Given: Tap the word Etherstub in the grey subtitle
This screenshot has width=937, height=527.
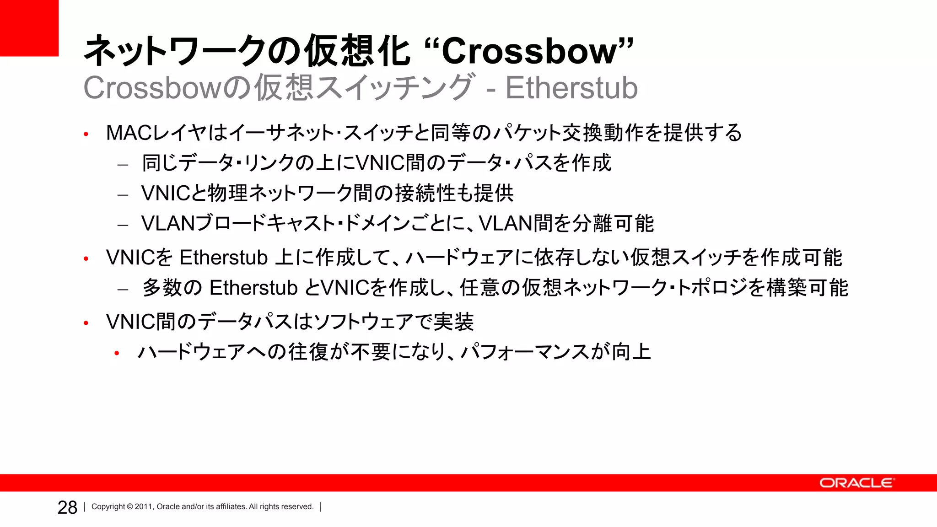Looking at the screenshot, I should pyautogui.click(x=571, y=88).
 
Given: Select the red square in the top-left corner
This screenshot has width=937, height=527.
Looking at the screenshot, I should pyautogui.click(x=29, y=28).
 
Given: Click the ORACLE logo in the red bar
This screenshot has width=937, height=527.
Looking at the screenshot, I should pyautogui.click(x=856, y=483).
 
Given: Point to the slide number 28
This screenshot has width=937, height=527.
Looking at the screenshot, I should pyautogui.click(x=67, y=507).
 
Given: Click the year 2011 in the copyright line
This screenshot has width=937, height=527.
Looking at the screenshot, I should pyautogui.click(x=143, y=507).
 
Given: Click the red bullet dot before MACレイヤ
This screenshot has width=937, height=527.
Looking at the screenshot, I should pyautogui.click(x=86, y=134).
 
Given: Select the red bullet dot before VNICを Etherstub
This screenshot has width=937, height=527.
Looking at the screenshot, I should pyautogui.click(x=86, y=259).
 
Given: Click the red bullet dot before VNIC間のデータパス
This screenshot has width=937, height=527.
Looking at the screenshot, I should pyautogui.click(x=86, y=323).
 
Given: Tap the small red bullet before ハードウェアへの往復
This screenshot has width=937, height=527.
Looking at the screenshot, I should pyautogui.click(x=117, y=353).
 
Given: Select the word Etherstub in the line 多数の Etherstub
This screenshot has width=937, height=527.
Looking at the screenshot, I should pyautogui.click(x=253, y=288).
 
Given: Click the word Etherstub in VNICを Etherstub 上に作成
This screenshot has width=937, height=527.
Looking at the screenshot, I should pyautogui.click(x=223, y=258).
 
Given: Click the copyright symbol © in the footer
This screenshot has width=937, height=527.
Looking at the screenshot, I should pyautogui.click(x=129, y=507).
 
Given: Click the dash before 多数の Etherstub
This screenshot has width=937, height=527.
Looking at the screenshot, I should pyautogui.click(x=123, y=290).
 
